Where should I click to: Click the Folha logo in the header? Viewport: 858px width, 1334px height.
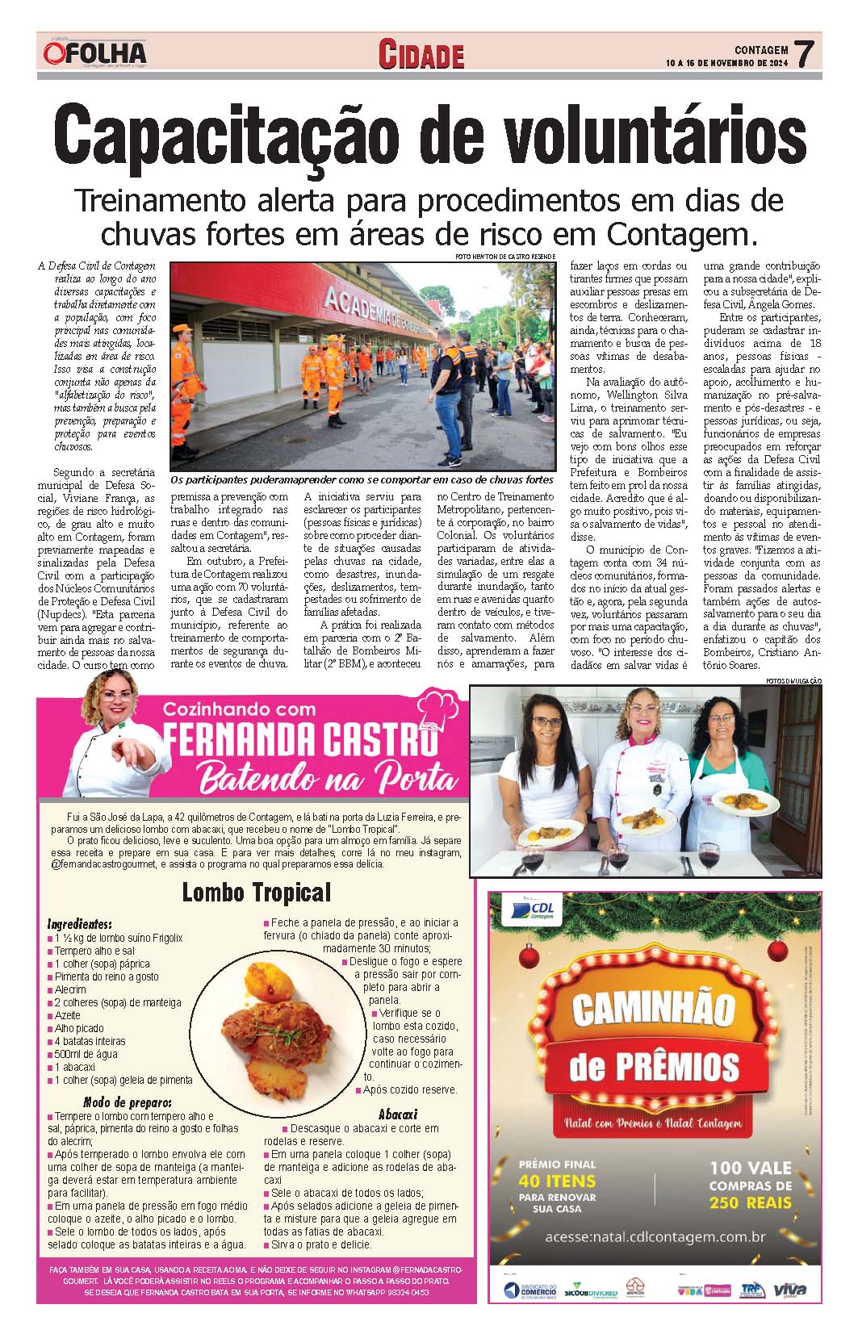(x=95, y=54)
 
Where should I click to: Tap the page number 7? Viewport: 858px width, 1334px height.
(x=804, y=55)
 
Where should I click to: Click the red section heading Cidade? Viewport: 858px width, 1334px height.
(x=421, y=55)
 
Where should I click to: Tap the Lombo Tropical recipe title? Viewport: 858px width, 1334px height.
(x=256, y=893)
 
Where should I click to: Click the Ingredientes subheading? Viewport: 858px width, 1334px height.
(x=80, y=923)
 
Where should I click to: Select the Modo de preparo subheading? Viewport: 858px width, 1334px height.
(x=127, y=1102)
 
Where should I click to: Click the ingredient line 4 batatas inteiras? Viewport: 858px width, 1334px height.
(x=90, y=1041)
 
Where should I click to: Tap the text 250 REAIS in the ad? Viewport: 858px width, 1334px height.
(x=750, y=1202)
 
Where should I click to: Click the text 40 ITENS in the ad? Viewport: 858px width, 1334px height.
(x=557, y=1180)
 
